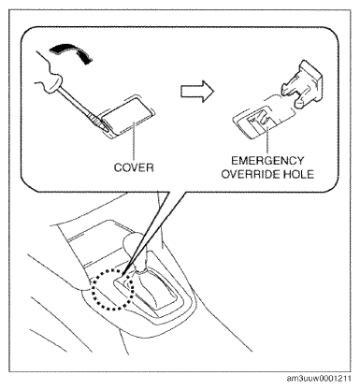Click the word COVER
point(134,167)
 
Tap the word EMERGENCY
point(267,161)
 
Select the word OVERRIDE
point(248,174)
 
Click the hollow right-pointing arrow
point(197,92)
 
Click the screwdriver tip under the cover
point(105,127)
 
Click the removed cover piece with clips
point(301,81)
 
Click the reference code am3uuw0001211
point(319,378)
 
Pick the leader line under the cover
point(134,141)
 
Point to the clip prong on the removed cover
point(299,104)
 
